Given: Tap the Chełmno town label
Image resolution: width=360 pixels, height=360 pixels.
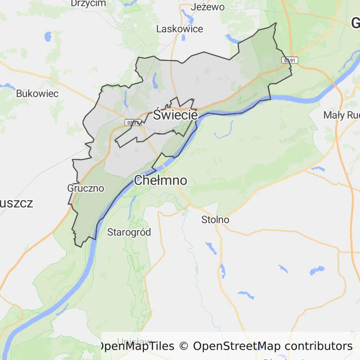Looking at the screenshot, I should [x=160, y=180].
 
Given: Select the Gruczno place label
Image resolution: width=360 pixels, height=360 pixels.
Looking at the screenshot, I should [x=86, y=188].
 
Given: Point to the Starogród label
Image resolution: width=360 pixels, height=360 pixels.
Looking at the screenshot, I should [x=129, y=232].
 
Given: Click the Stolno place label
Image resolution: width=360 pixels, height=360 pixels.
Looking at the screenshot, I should [x=215, y=219].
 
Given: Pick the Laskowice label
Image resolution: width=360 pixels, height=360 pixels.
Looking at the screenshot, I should [x=180, y=29].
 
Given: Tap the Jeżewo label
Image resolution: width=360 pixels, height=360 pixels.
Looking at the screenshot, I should [x=208, y=7].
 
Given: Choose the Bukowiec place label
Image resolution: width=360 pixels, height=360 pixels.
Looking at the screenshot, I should [x=37, y=93].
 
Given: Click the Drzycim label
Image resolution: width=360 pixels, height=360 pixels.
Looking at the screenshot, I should [x=88, y=3].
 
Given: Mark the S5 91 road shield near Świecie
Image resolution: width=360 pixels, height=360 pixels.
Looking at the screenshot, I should [x=133, y=123].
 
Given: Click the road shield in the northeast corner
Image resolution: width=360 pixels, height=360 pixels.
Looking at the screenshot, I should [x=289, y=60].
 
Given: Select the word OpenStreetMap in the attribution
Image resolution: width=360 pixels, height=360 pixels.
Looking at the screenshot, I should [x=237, y=346].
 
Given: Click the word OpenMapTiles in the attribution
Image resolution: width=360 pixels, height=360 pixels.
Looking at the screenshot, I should [x=136, y=346].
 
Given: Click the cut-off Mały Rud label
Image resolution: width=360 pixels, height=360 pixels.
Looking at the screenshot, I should [x=341, y=115].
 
